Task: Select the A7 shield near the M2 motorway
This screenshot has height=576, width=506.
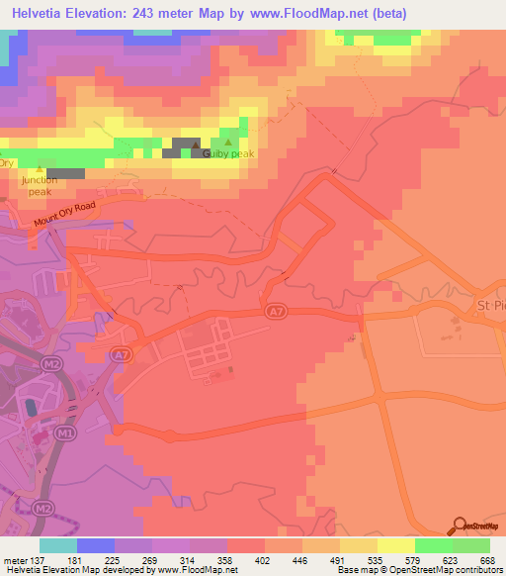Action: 120,353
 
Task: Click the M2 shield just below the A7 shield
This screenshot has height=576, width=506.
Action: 54,365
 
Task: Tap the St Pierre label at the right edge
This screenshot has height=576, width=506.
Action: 490,304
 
